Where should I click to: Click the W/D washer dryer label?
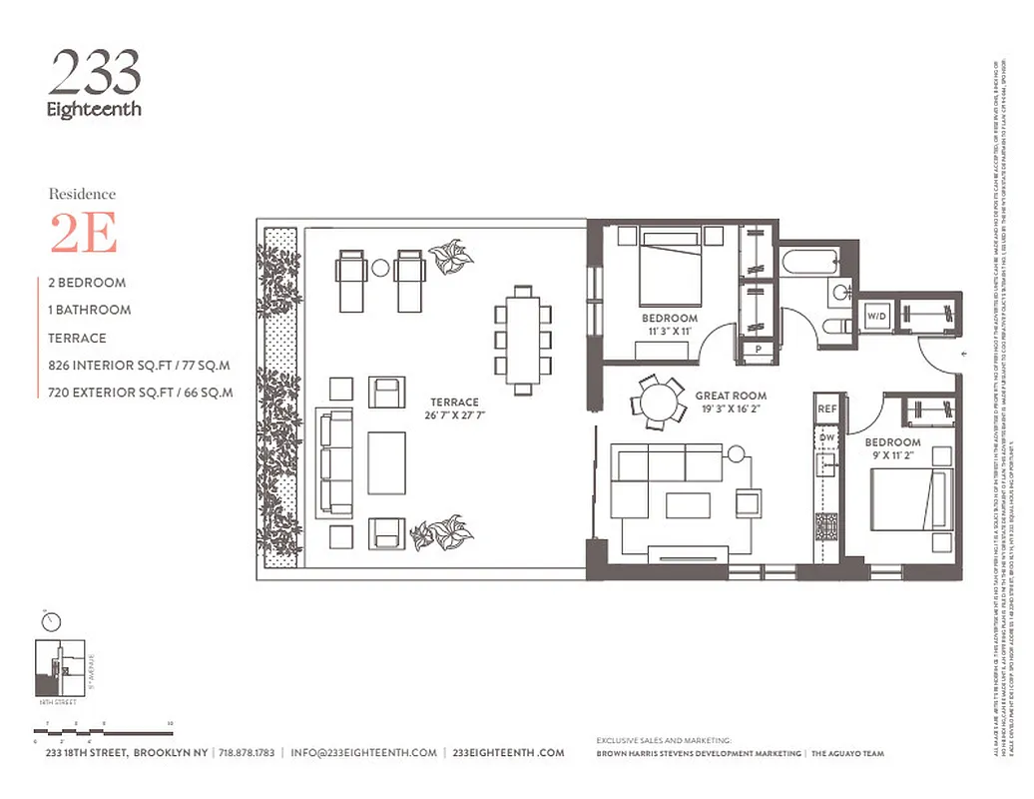pos(876,317)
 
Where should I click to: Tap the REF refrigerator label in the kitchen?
pos(826,408)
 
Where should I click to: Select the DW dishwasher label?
pos(826,437)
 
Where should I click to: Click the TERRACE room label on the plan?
pos(454,401)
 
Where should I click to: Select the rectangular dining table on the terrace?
pos(522,340)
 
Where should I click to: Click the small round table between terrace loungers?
pos(380,268)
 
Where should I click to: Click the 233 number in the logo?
pos(95,73)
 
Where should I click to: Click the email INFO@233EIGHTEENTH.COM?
pos(363,753)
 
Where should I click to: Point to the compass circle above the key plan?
pos(51,621)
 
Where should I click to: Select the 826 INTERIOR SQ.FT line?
pos(140,366)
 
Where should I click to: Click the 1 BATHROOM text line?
pos(90,310)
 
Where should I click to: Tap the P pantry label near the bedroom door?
pos(759,349)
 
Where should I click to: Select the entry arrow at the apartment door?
pos(963,354)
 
